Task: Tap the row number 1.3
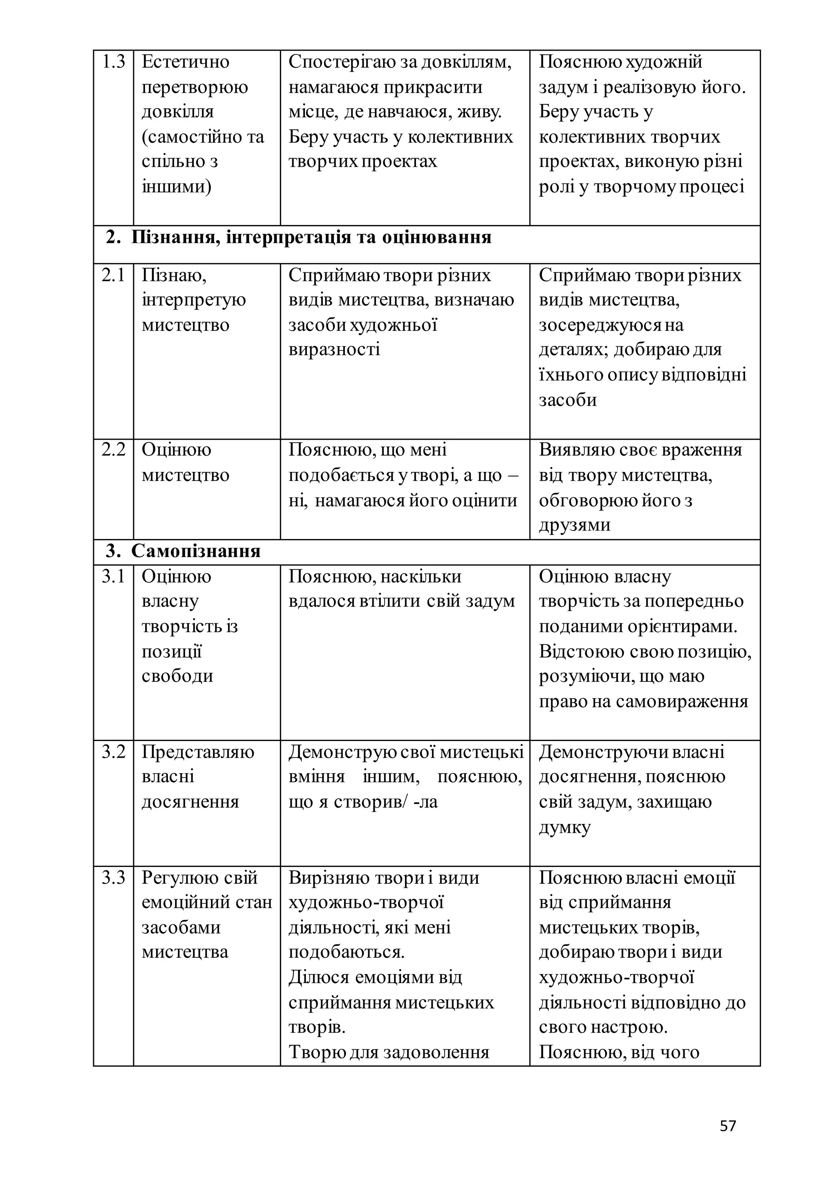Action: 113,62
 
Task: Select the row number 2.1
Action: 113,275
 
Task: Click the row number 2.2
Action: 113,450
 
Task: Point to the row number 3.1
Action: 113,577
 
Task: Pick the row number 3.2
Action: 113,752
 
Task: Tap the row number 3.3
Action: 113,878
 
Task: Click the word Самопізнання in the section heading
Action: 196,551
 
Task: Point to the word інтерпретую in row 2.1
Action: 194,300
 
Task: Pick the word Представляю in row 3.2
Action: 198,752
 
